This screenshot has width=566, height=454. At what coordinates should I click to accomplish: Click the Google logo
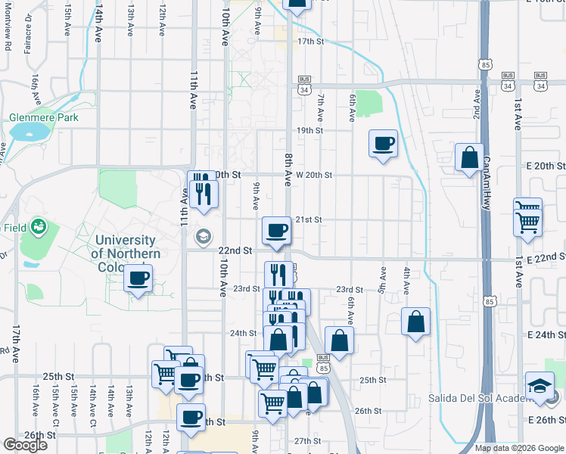coord(25,445)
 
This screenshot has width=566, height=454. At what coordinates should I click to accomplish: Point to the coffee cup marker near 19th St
coord(384,143)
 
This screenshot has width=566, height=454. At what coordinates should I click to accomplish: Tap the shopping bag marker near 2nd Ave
coord(470,157)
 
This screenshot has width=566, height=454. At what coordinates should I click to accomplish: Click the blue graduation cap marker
coord(540,386)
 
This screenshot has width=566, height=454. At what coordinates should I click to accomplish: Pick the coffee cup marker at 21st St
coord(276,230)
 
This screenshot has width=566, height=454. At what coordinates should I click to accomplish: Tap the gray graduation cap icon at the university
coord(203,237)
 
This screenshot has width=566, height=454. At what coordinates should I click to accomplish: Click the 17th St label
coord(310,42)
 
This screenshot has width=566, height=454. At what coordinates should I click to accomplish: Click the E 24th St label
coord(546,334)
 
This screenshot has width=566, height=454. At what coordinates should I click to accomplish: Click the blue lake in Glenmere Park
coord(28,134)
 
